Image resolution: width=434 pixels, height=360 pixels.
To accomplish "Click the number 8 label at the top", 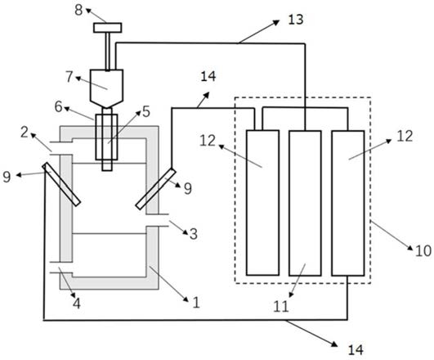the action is click(78, 10).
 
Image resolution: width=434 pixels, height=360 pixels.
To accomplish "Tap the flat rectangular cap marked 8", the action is click(107, 28).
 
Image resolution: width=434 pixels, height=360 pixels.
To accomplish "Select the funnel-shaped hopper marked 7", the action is click(106, 88).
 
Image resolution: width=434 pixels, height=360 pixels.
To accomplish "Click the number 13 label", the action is click(296, 20).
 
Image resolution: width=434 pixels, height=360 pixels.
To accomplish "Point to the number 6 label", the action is click(58, 106).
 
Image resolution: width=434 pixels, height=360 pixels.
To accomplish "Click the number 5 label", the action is click(145, 112).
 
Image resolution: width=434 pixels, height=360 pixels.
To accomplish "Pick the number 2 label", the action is click(25, 133).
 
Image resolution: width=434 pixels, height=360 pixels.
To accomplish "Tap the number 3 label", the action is click(194, 234).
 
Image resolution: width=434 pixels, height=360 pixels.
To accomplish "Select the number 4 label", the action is click(77, 304).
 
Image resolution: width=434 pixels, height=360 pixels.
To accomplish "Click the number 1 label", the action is click(196, 303).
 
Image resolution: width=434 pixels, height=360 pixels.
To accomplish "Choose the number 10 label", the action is click(423, 251).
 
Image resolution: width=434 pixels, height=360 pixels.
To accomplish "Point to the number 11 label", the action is click(281, 307).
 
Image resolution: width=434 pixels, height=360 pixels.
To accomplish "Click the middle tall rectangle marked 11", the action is click(305, 203).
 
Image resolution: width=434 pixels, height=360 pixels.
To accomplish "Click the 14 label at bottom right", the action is click(356, 350).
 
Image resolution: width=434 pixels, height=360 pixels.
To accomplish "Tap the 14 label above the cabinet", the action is click(208, 76).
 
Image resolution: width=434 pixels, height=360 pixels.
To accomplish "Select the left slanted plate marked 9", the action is click(61, 184).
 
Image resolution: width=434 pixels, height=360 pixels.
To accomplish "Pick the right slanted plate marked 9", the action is click(156, 189).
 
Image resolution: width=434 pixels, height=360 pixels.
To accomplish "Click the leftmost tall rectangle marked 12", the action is click(262, 203).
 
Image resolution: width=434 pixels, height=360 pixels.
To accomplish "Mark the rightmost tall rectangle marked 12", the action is click(348, 203).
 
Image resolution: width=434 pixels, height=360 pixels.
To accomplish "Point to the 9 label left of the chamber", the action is click(7, 177).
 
